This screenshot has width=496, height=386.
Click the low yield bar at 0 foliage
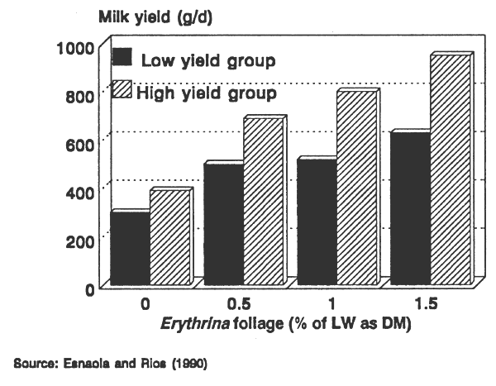(x=130, y=249)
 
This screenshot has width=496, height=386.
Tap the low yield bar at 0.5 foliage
(x=223, y=225)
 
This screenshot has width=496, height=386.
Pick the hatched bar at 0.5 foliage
(x=263, y=203)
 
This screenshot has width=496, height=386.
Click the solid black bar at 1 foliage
(x=317, y=222)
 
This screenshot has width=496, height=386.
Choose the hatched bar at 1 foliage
(x=356, y=188)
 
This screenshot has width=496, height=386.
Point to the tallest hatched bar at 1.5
(x=451, y=170)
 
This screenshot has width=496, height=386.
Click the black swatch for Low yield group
(x=122, y=59)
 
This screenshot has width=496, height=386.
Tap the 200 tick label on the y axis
(x=78, y=239)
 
